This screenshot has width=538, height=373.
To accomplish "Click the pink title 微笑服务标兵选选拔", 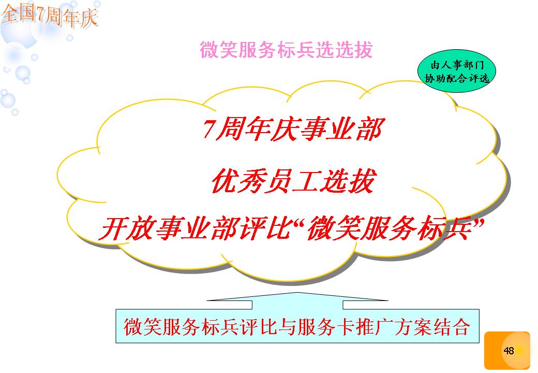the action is coord(286,50).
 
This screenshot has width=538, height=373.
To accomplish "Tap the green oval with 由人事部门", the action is coord(457,71).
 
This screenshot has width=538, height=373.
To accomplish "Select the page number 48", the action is coord(509,350).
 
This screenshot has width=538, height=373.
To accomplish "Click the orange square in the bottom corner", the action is coord(507,351).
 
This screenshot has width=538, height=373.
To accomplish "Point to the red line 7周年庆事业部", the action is coord(292,130).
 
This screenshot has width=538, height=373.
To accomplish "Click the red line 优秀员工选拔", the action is coord(294,181).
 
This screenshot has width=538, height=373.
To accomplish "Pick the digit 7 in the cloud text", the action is coord(210,129).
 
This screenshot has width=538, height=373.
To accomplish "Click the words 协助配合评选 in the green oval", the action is coord(457,79).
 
